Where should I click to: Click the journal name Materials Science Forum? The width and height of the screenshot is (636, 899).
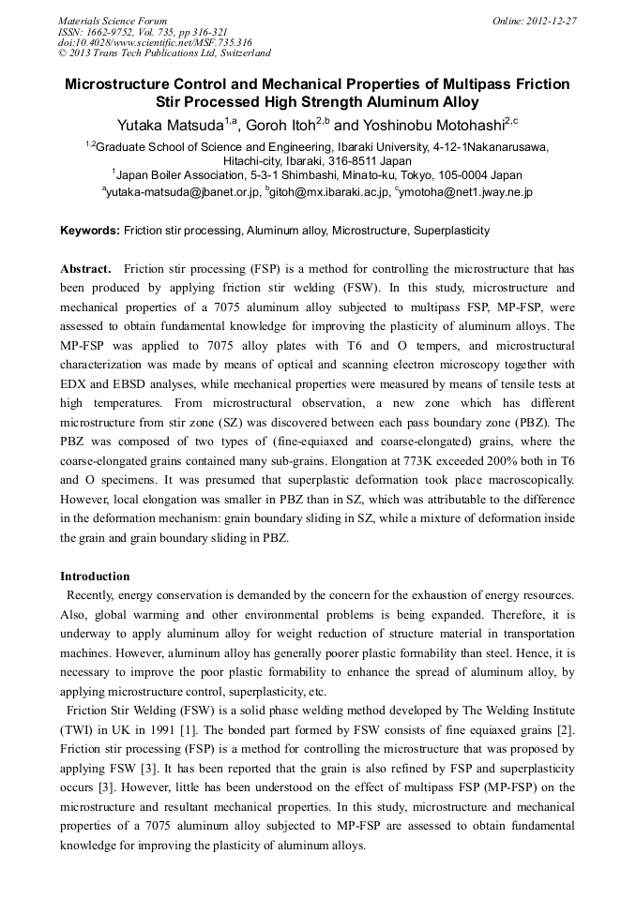113,20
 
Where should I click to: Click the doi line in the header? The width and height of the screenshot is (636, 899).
155,42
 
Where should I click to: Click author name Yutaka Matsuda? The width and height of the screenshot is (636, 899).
170,125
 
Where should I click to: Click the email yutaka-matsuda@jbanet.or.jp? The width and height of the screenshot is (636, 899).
182,191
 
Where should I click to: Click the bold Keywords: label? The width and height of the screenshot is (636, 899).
90,230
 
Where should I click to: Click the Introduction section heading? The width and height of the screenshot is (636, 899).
95,576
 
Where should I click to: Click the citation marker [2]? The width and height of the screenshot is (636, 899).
564,731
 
